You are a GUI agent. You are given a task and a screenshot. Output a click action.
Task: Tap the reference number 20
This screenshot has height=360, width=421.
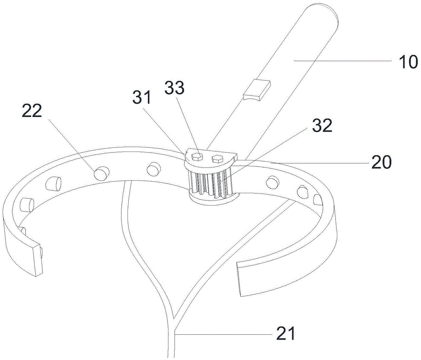coord(381,162)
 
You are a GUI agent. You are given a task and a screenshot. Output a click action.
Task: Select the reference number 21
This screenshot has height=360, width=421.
coord(285,334)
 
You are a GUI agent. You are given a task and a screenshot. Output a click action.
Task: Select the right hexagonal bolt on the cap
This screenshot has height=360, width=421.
coord(218,159)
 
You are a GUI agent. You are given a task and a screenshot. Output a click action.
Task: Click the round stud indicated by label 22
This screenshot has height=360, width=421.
coord(101,173)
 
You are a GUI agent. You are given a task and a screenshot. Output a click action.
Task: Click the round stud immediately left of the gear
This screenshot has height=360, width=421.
coord(153,169)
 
